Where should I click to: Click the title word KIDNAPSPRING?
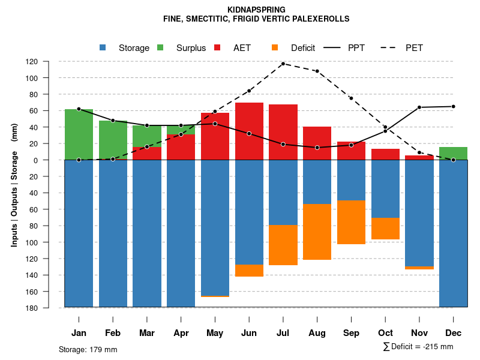click(x=257, y=10)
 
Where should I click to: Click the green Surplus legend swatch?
click(x=160, y=47)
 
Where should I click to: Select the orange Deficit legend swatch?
click(x=275, y=47)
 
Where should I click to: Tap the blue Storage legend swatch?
click(x=103, y=47)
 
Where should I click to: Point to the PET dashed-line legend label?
click(x=414, y=48)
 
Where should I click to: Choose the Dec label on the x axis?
click(x=453, y=333)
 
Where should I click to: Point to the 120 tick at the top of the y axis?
click(x=49, y=62)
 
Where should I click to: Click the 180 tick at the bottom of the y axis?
click(x=49, y=308)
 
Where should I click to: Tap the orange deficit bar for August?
click(x=317, y=232)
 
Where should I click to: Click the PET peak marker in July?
click(x=283, y=64)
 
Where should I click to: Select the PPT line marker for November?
click(x=419, y=107)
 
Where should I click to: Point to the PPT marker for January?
click(x=79, y=109)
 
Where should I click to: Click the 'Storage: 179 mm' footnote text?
click(x=88, y=349)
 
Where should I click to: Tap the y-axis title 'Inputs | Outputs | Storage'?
click(x=14, y=193)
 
